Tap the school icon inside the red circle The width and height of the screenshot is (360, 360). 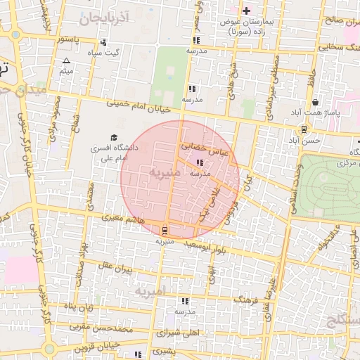click(x=191, y=163)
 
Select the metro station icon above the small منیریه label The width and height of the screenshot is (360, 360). click(x=165, y=231)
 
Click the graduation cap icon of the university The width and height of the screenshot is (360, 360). click(x=113, y=138)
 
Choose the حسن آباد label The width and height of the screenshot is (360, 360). click(x=309, y=141)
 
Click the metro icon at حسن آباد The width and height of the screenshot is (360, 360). click(x=303, y=129)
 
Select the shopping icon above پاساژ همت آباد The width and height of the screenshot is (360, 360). click(x=315, y=102)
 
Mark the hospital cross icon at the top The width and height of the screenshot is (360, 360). click(x=246, y=11)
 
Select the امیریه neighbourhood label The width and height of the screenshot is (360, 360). click(x=150, y=290)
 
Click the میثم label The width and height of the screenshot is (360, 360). click(x=67, y=72)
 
